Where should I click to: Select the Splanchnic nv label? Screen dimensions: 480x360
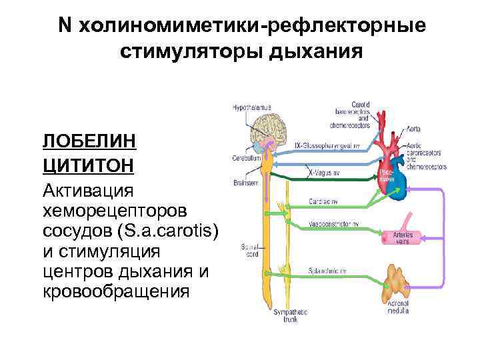pos(325,269)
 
